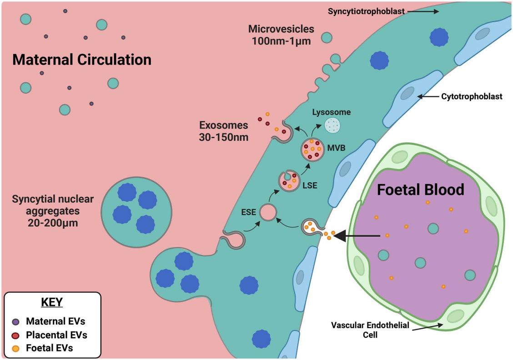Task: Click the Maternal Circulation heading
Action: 81,60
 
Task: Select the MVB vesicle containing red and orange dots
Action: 312,149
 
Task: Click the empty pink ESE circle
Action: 268,213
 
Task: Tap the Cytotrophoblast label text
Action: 472,96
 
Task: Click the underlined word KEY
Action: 52,302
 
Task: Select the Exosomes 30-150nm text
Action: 223,130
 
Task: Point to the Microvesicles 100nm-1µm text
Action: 281,35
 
